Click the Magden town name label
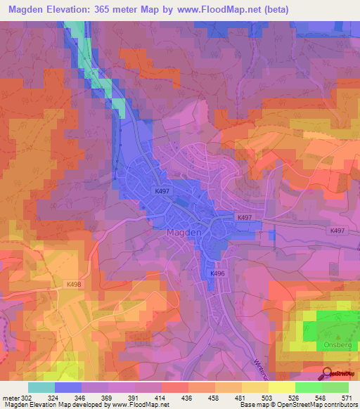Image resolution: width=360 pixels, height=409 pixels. tap(185, 233)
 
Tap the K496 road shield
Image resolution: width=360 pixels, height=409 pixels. tap(218, 273)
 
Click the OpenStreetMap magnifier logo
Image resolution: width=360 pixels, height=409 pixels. tap(327, 372)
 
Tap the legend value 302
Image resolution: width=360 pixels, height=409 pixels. tap(25, 398)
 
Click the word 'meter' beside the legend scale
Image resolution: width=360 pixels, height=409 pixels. tap(10, 398)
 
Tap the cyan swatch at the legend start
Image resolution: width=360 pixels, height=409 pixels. tap(41, 387)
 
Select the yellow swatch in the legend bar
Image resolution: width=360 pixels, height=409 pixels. tap(281, 387)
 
